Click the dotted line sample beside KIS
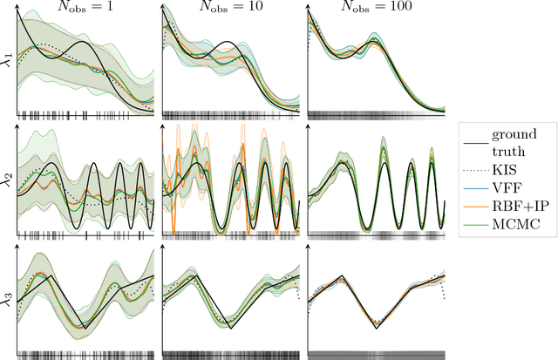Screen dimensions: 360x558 click(476, 168)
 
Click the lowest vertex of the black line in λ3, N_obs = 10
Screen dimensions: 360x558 click(231, 328)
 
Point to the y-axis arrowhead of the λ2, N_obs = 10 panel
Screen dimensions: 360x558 click(163, 127)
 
